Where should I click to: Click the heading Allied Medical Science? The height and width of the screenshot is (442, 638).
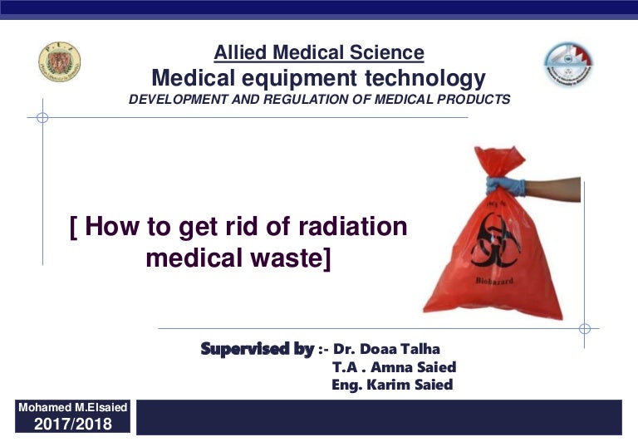click(319, 53)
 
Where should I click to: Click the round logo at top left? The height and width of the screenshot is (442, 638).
click(59, 63)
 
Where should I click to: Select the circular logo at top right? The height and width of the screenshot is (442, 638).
click(568, 66)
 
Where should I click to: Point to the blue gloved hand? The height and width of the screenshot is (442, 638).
click(506, 184)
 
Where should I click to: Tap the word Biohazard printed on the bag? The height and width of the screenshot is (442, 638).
click(495, 282)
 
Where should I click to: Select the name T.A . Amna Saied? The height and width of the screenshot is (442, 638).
click(394, 366)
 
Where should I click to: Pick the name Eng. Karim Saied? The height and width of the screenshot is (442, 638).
click(392, 385)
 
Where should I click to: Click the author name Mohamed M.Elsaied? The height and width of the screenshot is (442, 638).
click(72, 409)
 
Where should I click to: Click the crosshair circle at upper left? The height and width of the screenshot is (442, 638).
click(42, 117)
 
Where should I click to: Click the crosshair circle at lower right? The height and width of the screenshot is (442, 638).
click(584, 328)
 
